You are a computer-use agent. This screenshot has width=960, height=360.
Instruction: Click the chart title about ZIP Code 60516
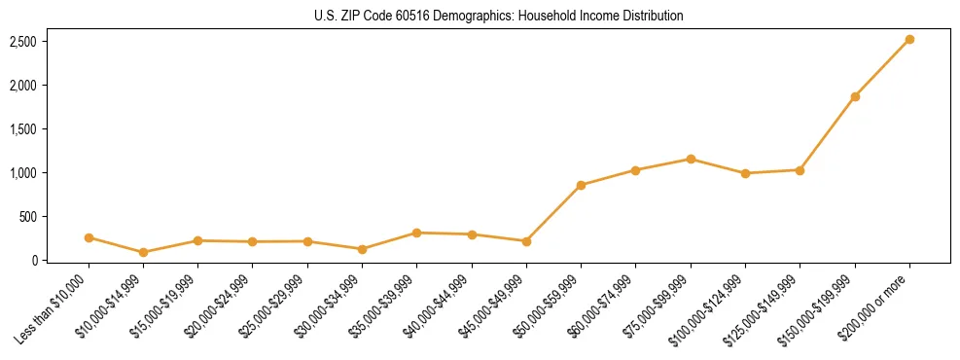click(x=499, y=17)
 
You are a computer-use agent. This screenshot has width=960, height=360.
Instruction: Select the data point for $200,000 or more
click(x=909, y=40)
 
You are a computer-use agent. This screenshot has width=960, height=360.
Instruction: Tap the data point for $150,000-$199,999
click(x=855, y=96)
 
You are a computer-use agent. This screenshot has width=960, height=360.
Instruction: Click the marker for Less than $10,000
click(x=89, y=237)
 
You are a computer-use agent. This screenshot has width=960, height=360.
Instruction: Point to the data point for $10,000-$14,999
click(x=144, y=252)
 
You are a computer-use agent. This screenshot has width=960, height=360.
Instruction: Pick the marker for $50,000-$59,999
click(x=581, y=185)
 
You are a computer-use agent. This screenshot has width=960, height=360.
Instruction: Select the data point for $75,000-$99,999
click(x=691, y=159)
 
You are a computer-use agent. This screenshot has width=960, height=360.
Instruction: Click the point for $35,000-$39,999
click(x=416, y=233)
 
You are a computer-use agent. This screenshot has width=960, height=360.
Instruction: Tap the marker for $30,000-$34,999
click(x=362, y=249)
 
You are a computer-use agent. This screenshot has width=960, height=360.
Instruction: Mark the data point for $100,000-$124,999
click(x=745, y=173)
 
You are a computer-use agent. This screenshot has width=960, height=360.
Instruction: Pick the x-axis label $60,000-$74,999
click(x=602, y=306)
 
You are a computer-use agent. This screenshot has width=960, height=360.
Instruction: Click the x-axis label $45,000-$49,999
click(x=493, y=306)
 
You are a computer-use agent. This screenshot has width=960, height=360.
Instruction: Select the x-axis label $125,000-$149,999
click(x=764, y=309)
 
